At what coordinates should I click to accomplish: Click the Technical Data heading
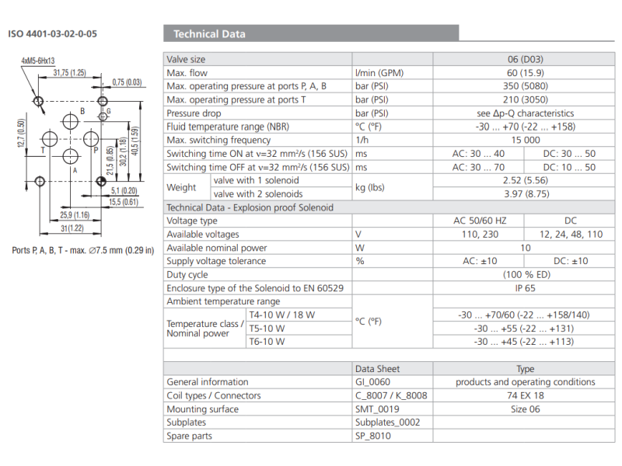point(209,33)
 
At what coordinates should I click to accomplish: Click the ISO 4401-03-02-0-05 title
point(53,34)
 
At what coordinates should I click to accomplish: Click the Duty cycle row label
point(187,274)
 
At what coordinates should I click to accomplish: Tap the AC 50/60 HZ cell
point(480,221)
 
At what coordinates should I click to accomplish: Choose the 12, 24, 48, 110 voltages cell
point(571,234)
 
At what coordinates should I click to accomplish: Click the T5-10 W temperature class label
point(267,328)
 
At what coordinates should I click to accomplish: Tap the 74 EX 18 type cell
point(526,395)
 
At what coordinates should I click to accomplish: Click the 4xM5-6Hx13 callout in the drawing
point(38,60)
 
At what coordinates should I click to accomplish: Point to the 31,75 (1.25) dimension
point(69,73)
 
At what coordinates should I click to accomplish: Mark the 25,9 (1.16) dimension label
point(74,214)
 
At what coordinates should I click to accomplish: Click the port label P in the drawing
point(96,150)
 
